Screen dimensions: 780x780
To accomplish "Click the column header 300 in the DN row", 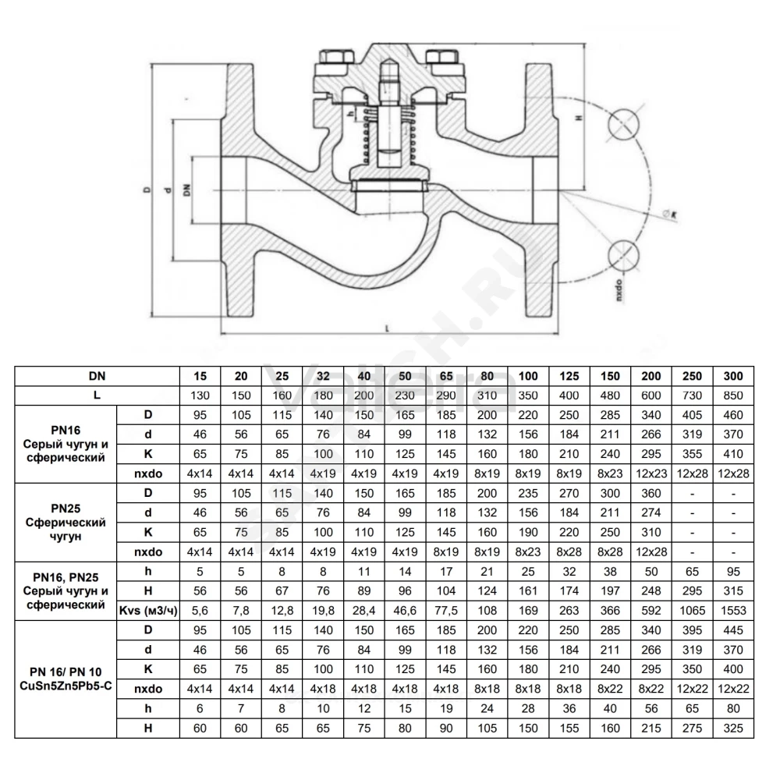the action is coord(732,376).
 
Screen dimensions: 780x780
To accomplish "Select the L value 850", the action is coord(732,395).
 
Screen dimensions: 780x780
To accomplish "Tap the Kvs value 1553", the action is coord(733,611).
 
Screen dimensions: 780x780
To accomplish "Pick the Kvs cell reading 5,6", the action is coord(200,611).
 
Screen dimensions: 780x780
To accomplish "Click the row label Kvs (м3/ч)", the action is coord(148,611).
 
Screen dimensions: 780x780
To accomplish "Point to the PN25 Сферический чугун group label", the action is coord(66,523).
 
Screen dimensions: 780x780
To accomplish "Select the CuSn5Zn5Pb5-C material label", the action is coord(66,686).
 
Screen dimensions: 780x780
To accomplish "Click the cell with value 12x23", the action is coord(651,473).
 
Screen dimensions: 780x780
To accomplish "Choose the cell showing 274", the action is coord(651,513).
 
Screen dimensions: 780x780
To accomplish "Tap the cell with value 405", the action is coord(692,415).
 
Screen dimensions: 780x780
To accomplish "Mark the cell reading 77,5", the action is coord(446,611).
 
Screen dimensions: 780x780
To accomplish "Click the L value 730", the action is coord(692,395).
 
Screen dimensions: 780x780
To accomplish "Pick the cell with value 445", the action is coord(733,630).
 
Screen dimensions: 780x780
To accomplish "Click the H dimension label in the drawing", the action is coord(579,119).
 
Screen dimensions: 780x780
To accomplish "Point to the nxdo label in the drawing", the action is coord(619,290).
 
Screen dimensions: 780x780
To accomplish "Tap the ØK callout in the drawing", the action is coord(671,215).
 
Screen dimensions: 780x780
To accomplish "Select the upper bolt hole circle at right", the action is coord(622,124).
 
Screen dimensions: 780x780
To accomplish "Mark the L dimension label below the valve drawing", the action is coord(387,328).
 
